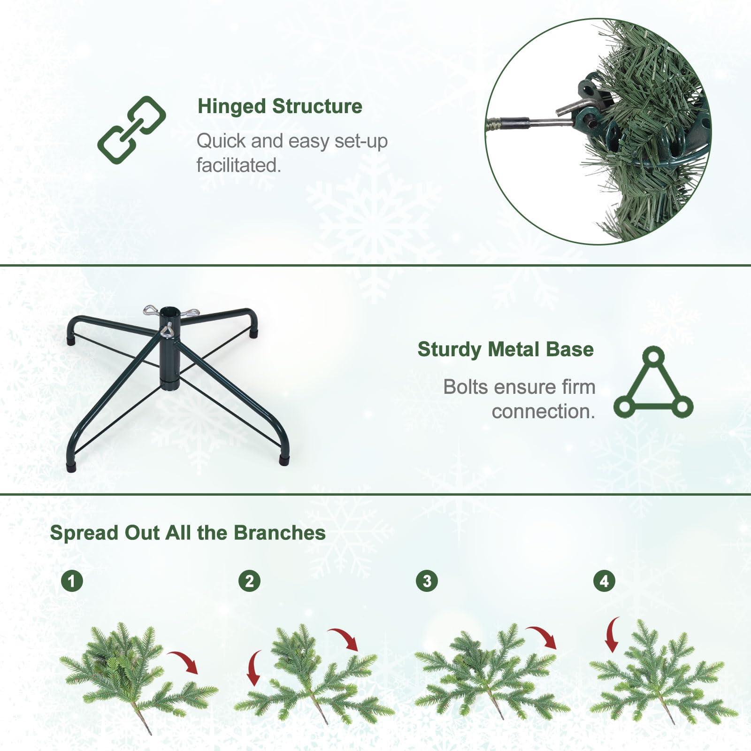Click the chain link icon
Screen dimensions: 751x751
132,130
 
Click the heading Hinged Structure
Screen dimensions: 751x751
280,107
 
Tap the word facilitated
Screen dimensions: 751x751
238,165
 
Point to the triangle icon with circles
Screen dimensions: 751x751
653,384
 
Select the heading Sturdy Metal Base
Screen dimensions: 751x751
506,350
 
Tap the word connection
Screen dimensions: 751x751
543,412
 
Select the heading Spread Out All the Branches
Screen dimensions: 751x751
188,533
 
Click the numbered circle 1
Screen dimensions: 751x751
72,581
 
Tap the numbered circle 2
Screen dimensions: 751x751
249,581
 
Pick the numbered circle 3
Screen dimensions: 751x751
427,581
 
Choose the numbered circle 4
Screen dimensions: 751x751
604,581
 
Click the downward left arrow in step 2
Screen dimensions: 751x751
254,668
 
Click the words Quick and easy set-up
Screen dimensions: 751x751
291,141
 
